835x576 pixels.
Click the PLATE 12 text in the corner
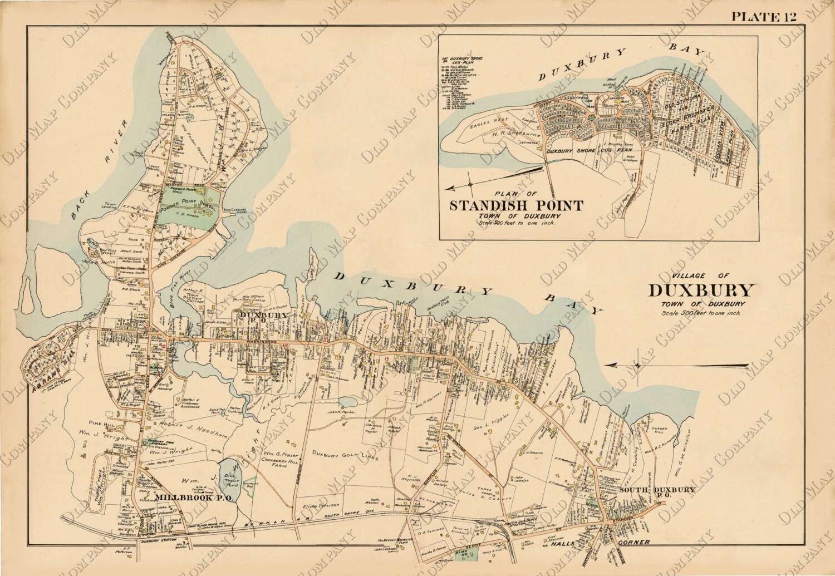tap(763, 16)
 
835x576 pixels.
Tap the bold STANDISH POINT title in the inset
tap(516, 205)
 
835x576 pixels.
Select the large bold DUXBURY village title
tap(701, 291)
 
